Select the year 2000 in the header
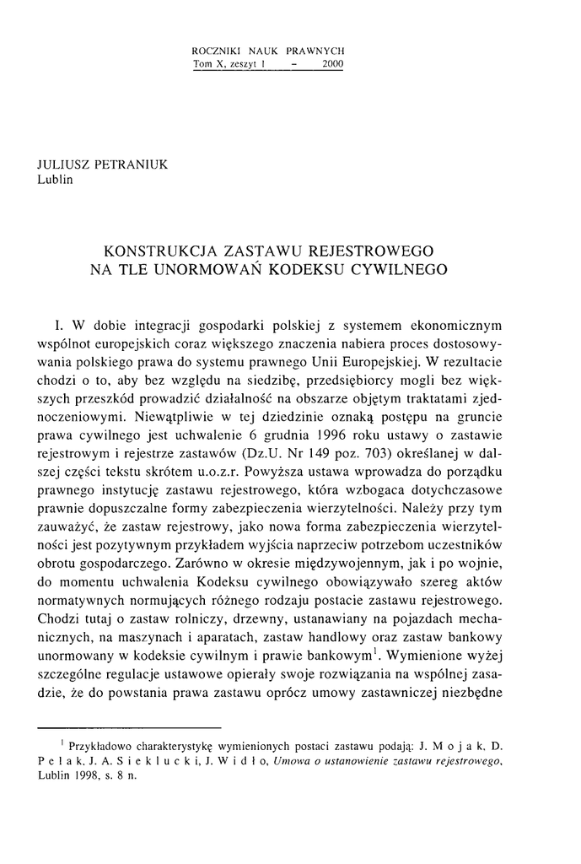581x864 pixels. click(x=332, y=64)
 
